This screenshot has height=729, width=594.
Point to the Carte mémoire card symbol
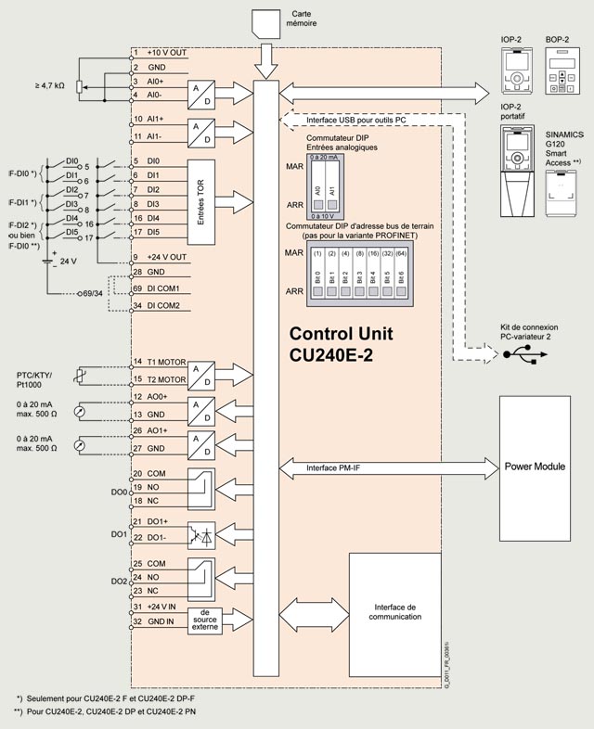pos(267,22)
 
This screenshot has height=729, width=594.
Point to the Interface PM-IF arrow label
pos(333,468)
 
